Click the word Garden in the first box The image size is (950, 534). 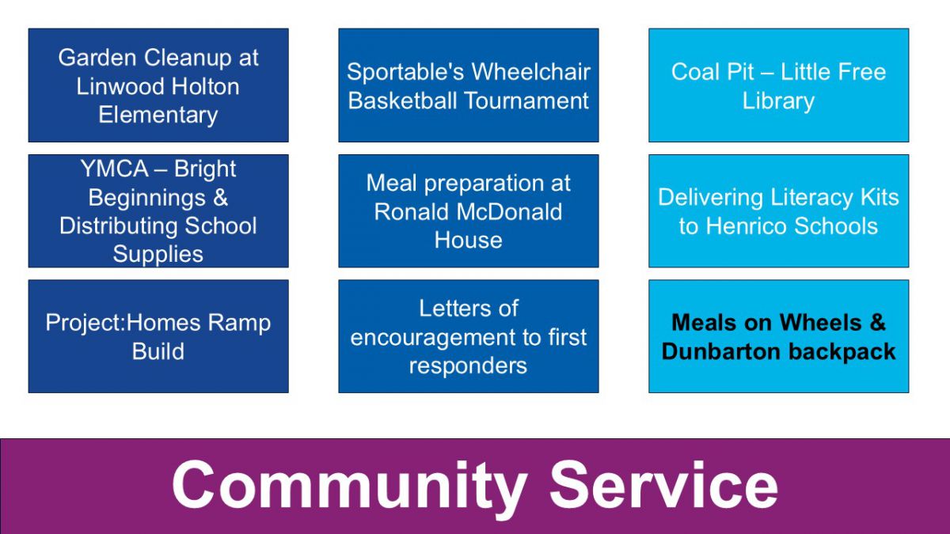pyautogui.click(x=97, y=57)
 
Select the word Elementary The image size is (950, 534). pyautogui.click(x=158, y=116)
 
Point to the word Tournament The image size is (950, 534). pyautogui.click(x=526, y=100)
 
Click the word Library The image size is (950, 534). pyautogui.click(x=778, y=101)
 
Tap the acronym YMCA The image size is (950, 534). pyautogui.click(x=115, y=169)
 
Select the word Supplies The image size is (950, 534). pyautogui.click(x=158, y=255)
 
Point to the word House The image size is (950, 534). pyautogui.click(x=468, y=240)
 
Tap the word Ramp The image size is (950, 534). pyautogui.click(x=239, y=324)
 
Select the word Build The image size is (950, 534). pyautogui.click(x=158, y=351)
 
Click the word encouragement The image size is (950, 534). pyautogui.click(x=432, y=338)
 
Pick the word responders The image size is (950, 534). pyautogui.click(x=468, y=366)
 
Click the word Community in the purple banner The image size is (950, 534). pyautogui.click(x=349, y=486)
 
